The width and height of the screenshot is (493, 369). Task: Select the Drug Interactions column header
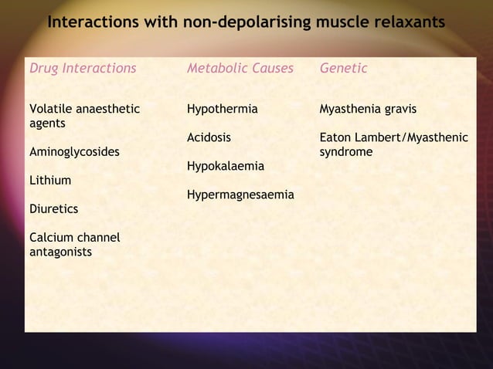tap(82, 69)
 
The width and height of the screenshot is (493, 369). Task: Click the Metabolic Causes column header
tap(240, 69)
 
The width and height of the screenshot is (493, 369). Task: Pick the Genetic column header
tap(343, 69)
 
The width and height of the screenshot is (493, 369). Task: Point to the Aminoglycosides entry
tap(73, 152)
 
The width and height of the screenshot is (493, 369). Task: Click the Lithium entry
tap(49, 181)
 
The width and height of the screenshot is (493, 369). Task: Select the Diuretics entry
tap(53, 209)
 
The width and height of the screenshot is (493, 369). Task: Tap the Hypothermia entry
tap(222, 110)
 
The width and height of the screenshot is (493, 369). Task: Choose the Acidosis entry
tap(209, 138)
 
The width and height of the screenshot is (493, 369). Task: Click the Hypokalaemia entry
tap(225, 167)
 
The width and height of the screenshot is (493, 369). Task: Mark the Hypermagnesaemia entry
tap(240, 195)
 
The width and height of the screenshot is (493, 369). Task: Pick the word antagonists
tap(59, 252)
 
